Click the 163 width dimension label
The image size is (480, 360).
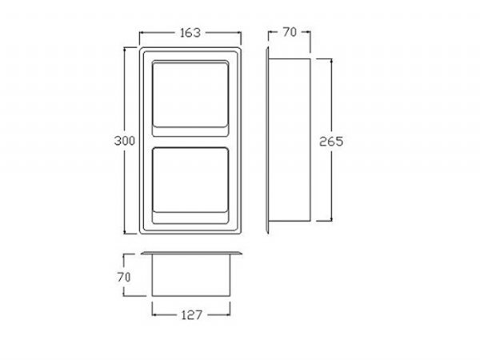click(190, 33)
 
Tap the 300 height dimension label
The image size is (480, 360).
click(124, 141)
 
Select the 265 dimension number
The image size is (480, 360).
click(331, 142)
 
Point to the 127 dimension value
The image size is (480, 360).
click(192, 314)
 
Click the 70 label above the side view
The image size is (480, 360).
click(290, 32)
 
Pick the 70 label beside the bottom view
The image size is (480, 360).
click(124, 278)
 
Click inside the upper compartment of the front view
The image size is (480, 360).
click(190, 94)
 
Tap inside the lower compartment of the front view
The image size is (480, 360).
click(190, 180)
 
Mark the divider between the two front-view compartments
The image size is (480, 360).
click(190, 142)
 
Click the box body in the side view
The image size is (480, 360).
click(290, 139)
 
